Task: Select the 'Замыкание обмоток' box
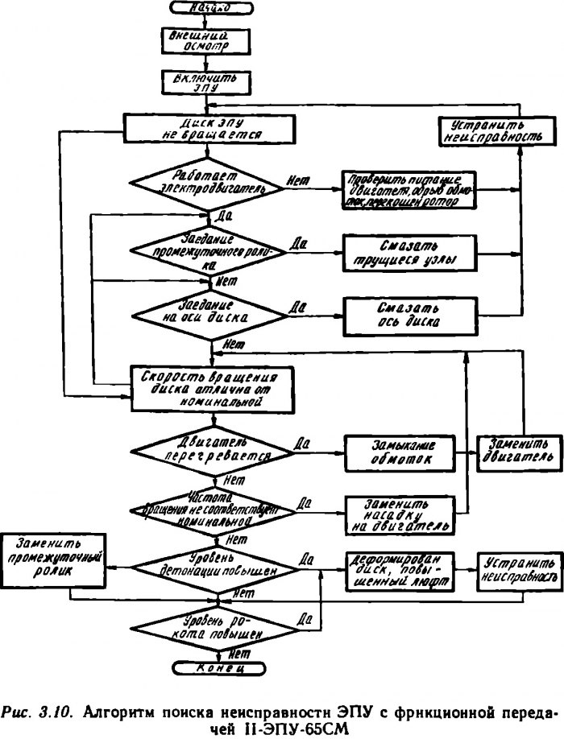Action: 397,452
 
